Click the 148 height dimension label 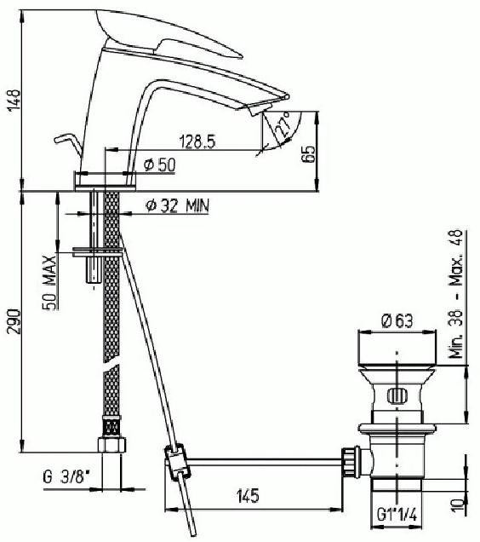click(14, 101)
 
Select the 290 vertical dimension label click(14, 321)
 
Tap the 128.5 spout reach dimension click(197, 141)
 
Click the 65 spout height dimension click(308, 153)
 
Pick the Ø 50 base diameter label click(160, 164)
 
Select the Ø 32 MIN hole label click(177, 206)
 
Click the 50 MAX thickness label click(49, 283)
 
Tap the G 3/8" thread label click(66, 477)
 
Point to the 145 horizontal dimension click(248, 496)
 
